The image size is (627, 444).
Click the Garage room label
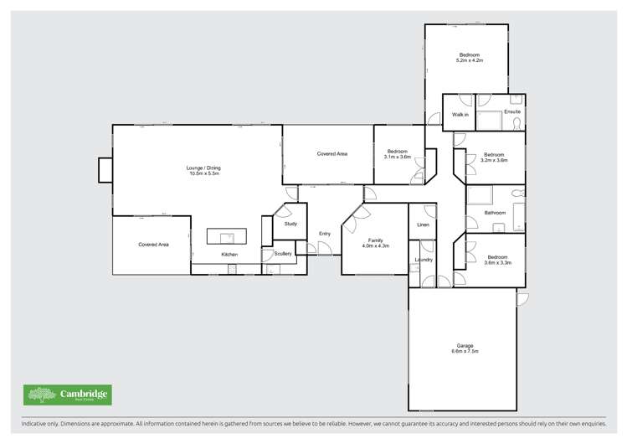(465, 348)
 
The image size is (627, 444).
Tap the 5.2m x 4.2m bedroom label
(469, 58)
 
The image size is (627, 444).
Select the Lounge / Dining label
(203, 171)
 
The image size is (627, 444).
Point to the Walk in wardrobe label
(460, 114)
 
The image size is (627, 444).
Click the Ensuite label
(511, 111)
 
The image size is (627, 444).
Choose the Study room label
(290, 224)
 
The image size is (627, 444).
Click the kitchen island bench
(227, 237)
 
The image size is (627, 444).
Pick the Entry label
(325, 234)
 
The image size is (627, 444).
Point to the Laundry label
(423, 260)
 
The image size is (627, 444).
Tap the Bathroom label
(495, 213)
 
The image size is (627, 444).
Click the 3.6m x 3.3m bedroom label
(497, 260)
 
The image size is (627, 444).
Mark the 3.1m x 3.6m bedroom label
(398, 154)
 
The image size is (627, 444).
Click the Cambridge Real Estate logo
(67, 395)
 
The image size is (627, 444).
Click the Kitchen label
(229, 255)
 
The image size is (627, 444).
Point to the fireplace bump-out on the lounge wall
(105, 170)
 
